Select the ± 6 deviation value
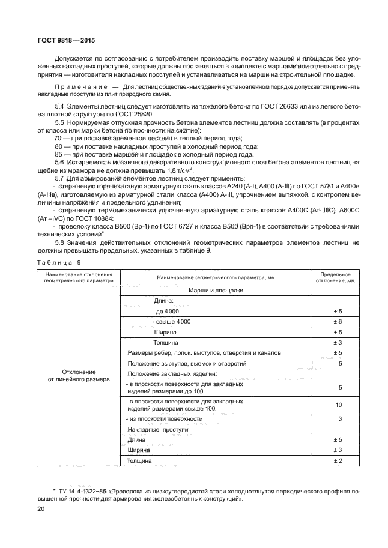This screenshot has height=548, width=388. pyautogui.click(x=337, y=322)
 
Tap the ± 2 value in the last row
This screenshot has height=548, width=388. pyautogui.click(x=337, y=460)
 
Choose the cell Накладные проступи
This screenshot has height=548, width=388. pyautogui.click(x=158, y=429)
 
